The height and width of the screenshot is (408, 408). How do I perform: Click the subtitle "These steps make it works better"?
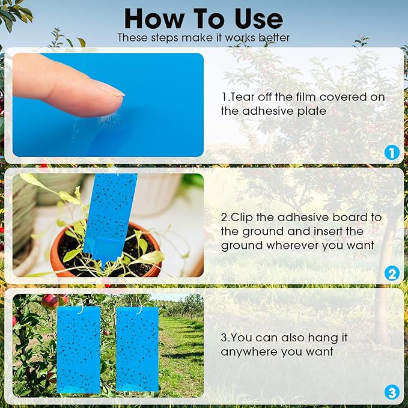(x=204, y=38)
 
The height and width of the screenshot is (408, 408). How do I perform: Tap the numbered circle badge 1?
(x=391, y=153)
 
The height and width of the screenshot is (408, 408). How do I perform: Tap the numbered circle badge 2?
(x=391, y=274)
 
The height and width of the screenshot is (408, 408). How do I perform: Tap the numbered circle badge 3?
(x=391, y=393)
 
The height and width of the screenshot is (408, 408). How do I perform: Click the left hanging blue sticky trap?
(x=79, y=349)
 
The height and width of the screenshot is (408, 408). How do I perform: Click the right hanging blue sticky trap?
(x=136, y=349)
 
